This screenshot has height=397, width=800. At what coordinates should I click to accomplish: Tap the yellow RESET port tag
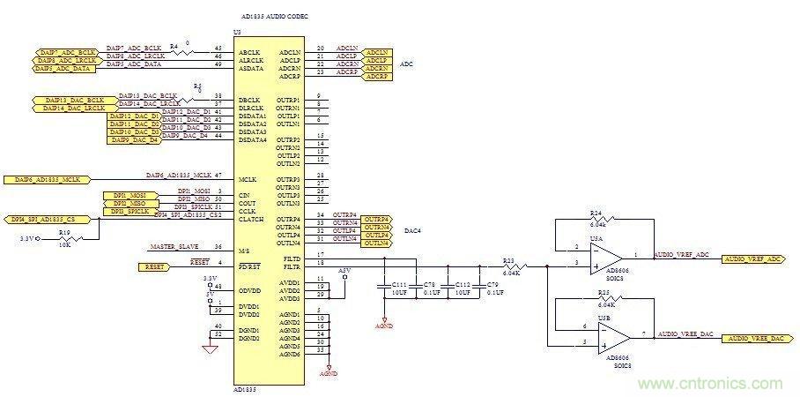[x=160, y=264]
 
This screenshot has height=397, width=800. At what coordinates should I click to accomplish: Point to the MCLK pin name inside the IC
[x=247, y=179]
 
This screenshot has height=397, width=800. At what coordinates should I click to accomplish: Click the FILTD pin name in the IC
[x=289, y=256]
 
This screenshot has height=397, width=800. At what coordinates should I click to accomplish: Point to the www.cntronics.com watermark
[x=714, y=383]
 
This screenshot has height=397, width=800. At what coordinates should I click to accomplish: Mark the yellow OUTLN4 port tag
[x=377, y=242]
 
